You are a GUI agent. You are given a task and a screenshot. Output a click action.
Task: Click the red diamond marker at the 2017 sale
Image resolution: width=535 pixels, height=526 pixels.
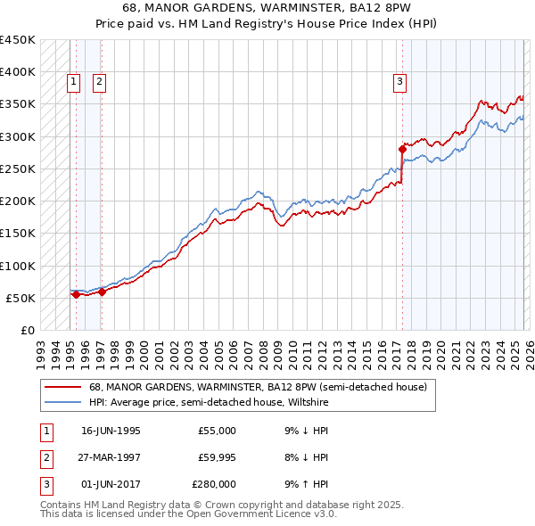click(x=402, y=149)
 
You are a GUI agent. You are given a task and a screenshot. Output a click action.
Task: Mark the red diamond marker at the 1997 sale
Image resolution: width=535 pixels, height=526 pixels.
click(x=102, y=291)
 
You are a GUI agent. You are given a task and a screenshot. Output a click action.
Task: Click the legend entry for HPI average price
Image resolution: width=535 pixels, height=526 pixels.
click(x=209, y=402)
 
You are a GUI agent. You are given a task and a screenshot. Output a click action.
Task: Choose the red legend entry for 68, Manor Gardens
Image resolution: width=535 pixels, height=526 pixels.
click(x=258, y=387)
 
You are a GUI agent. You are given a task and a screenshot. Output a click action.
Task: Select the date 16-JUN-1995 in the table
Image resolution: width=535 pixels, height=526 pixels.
click(x=111, y=431)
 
